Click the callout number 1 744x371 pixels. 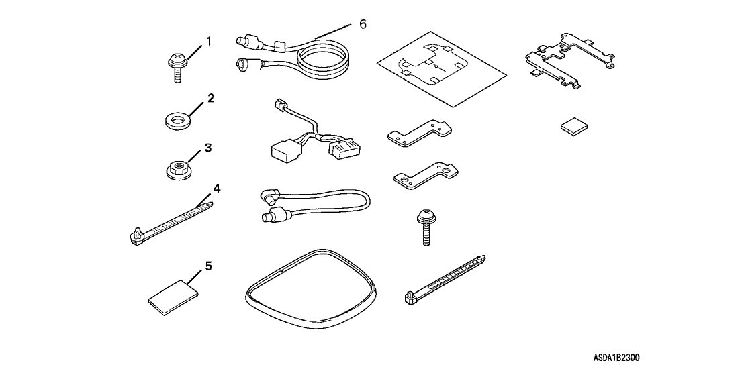coord(208,41)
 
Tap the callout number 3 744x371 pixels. coord(208,148)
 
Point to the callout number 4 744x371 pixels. coord(217,189)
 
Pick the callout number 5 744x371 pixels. coord(208,266)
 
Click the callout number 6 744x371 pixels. coord(363,23)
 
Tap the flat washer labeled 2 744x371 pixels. coord(177,120)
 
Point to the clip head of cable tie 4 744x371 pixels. coord(135,236)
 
